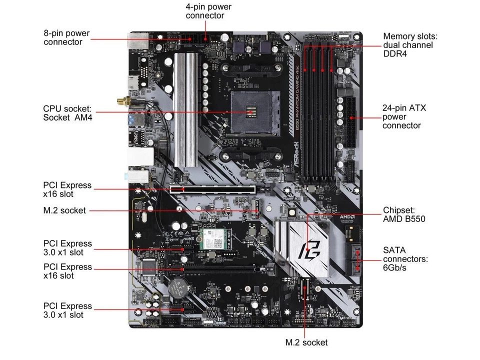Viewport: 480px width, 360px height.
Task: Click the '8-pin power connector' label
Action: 66,37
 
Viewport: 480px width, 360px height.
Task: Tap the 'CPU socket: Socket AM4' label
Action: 67,112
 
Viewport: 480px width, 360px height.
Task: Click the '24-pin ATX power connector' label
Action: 404,116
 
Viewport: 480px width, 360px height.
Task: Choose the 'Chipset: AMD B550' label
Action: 404,214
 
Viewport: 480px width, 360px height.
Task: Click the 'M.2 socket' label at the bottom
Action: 306,342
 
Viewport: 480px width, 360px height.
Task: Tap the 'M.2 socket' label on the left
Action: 64,210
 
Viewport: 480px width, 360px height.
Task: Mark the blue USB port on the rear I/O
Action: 132,120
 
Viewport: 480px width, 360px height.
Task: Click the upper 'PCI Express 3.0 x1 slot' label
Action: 67,248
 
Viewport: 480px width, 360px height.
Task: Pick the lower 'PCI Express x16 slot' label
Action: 67,271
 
